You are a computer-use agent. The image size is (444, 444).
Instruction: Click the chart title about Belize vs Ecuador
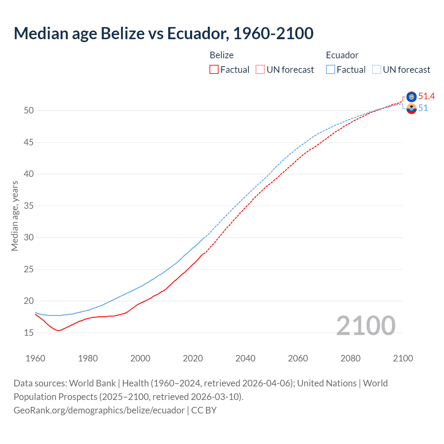(x=163, y=33)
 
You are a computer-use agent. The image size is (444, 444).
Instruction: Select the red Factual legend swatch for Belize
(x=214, y=69)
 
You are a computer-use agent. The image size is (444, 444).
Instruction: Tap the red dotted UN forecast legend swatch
(x=260, y=69)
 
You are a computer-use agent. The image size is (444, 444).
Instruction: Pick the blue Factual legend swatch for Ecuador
(x=331, y=69)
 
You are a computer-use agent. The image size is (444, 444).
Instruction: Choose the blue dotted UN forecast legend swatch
(x=377, y=69)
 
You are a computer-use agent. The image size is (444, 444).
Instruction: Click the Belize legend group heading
(x=222, y=55)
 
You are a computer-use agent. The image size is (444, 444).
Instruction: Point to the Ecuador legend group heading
(x=342, y=55)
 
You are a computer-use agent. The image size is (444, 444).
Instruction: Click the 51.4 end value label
(x=426, y=96)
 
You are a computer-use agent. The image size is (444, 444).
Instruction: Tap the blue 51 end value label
(x=423, y=108)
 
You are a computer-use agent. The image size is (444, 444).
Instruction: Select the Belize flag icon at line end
(x=411, y=97)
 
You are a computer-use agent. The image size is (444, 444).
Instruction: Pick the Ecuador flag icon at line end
(x=411, y=109)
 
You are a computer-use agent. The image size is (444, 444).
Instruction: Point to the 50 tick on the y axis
(x=29, y=111)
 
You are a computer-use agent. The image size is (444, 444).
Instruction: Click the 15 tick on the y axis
(x=29, y=333)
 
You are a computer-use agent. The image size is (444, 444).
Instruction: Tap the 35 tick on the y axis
(x=29, y=206)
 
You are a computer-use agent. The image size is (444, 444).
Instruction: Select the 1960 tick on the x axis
(x=35, y=358)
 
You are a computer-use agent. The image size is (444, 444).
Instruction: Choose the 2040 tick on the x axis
(x=245, y=358)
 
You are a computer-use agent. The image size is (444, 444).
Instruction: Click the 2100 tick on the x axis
(x=403, y=358)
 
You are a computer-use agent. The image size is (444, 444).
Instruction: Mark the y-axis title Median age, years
(x=15, y=216)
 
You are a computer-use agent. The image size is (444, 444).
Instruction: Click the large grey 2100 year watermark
(x=366, y=326)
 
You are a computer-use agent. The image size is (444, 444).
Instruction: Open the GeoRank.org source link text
(x=99, y=410)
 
